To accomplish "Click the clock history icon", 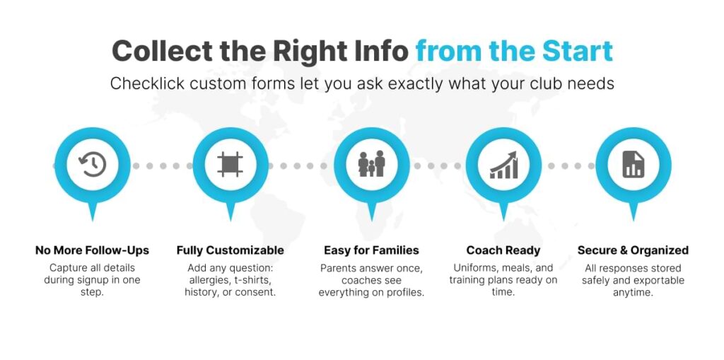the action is pyautogui.click(x=93, y=165).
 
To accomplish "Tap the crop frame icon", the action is pyautogui.click(x=230, y=165).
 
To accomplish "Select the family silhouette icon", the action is pyautogui.click(x=372, y=163).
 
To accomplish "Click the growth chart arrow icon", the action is pyautogui.click(x=503, y=165).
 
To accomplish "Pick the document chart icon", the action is pyautogui.click(x=633, y=165).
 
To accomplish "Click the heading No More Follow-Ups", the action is pyautogui.click(x=93, y=250).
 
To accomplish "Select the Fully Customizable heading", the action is pyautogui.click(x=230, y=250).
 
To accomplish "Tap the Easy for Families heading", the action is pyautogui.click(x=371, y=250).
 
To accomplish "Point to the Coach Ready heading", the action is pyautogui.click(x=503, y=250).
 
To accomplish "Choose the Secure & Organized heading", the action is pyautogui.click(x=633, y=250).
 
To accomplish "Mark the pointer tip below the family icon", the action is pyautogui.click(x=372, y=221).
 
